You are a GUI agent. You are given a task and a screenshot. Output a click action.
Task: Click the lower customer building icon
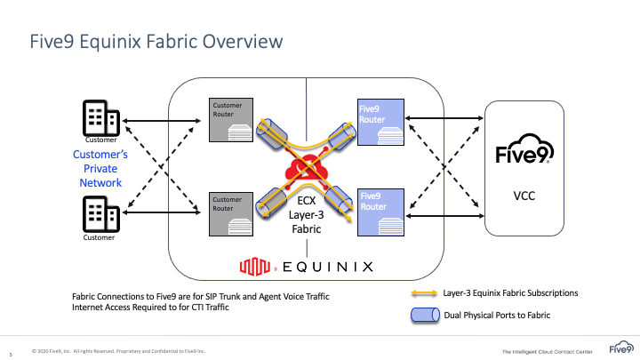pyautogui.click(x=100, y=213)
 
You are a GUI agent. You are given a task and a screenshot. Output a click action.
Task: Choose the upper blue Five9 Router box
pyautogui.click(x=380, y=121)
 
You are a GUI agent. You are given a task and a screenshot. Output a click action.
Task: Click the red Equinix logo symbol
pyautogui.click(x=257, y=265)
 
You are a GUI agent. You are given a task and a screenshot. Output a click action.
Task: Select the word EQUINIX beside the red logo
pyautogui.click(x=328, y=265)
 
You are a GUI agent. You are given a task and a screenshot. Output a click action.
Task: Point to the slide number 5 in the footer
pyautogui.click(x=11, y=351)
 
